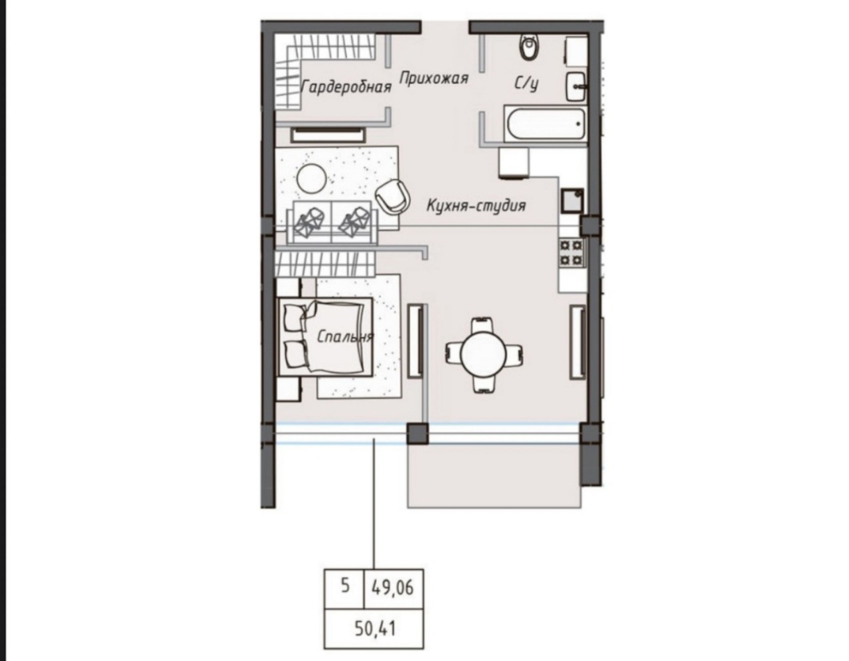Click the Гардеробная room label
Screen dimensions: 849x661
click(x=346, y=86)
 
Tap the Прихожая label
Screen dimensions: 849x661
click(x=434, y=78)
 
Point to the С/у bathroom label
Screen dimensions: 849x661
click(x=526, y=83)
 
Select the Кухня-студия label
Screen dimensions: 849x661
click(x=476, y=205)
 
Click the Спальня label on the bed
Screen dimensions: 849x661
click(x=345, y=337)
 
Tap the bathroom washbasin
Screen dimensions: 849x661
click(x=576, y=86)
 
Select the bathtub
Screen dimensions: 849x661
click(x=545, y=124)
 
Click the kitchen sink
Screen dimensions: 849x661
click(x=572, y=201)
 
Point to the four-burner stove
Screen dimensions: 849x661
click(x=572, y=253)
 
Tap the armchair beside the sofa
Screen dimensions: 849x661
click(x=392, y=196)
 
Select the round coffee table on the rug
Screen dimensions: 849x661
click(x=311, y=179)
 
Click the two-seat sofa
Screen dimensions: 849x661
click(x=332, y=222)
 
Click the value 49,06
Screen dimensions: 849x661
click(x=393, y=587)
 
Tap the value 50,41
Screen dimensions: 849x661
click(x=375, y=628)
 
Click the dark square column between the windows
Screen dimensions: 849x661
click(x=417, y=434)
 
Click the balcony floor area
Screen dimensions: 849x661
click(x=494, y=475)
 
